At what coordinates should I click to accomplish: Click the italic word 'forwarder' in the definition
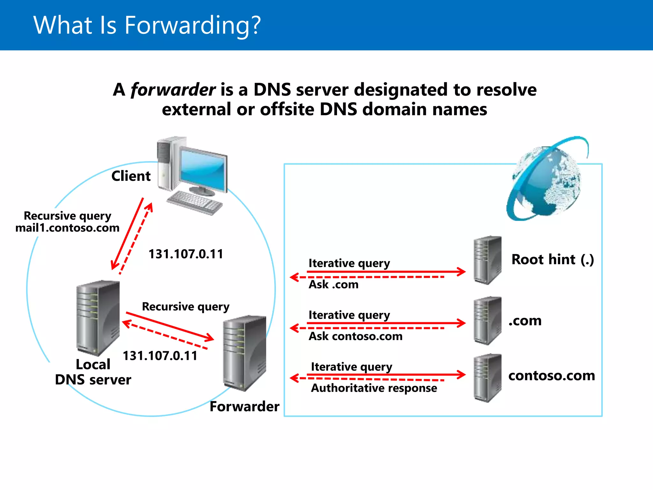pos(173,90)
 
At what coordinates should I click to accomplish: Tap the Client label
pos(131,176)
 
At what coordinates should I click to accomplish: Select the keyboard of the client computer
pos(194,202)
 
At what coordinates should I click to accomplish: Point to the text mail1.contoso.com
pos(67,228)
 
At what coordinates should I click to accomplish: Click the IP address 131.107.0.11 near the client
pos(186,254)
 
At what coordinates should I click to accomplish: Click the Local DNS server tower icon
pos(98,317)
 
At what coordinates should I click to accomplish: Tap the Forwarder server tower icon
pos(245,353)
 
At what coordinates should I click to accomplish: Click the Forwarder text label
pos(244,407)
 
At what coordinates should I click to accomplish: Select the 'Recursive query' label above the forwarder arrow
pos(186,307)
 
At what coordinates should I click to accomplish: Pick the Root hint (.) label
pos(553,259)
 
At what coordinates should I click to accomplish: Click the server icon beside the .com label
pos(487,320)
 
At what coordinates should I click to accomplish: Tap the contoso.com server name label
pos(551,376)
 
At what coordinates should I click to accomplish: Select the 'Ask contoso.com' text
pos(356,336)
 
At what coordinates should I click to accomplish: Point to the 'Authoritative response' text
pos(374,388)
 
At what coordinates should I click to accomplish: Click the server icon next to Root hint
pos(487,260)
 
